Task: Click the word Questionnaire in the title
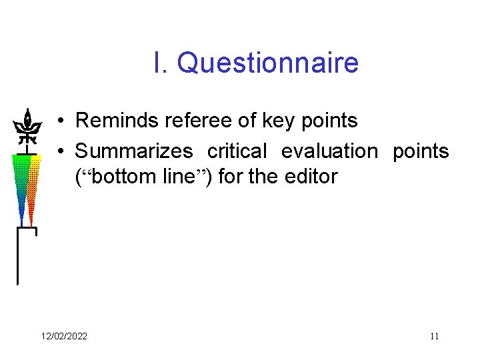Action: click(x=268, y=64)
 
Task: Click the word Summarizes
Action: click(x=134, y=151)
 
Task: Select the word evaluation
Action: click(x=329, y=151)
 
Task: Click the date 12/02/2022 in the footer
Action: click(x=63, y=336)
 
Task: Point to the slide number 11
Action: click(x=434, y=336)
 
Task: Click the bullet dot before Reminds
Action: click(x=60, y=121)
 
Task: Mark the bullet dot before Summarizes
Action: click(x=60, y=152)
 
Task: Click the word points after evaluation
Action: click(x=421, y=151)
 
